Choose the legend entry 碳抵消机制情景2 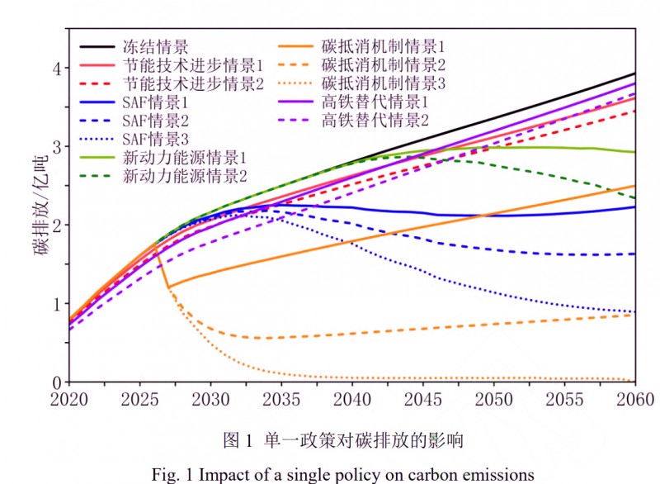click(x=384, y=64)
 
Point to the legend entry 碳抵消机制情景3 click(x=384, y=83)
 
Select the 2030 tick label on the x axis click(x=210, y=398)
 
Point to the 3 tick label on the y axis click(x=55, y=146)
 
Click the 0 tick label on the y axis click(x=55, y=382)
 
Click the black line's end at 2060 click(x=634, y=74)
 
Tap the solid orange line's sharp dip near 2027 click(x=168, y=287)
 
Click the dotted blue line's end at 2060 click(x=634, y=312)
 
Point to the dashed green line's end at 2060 click(x=634, y=198)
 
